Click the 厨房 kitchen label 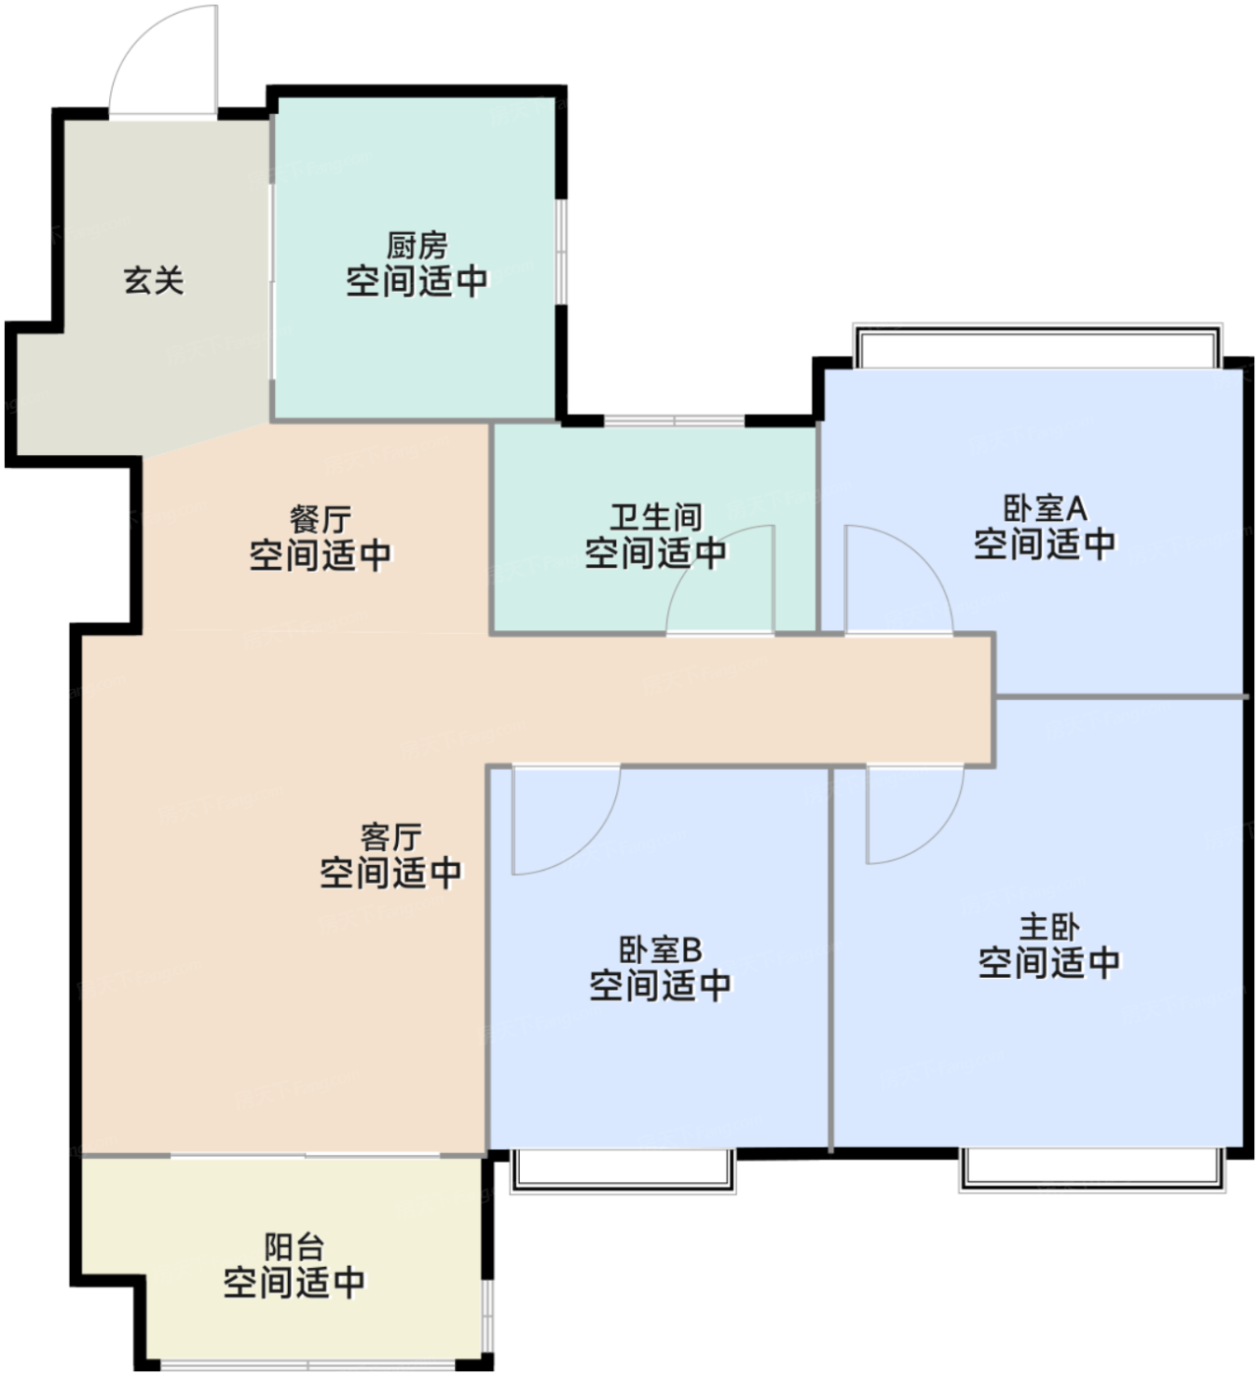[417, 246]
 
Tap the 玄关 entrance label [153, 281]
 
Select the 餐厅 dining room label [320, 519]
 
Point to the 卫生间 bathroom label [656, 517]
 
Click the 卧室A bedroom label [1044, 509]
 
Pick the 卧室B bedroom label [660, 950]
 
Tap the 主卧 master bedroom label [1049, 928]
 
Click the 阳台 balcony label [294, 1246]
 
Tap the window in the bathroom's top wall [674, 420]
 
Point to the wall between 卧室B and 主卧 [830, 958]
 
